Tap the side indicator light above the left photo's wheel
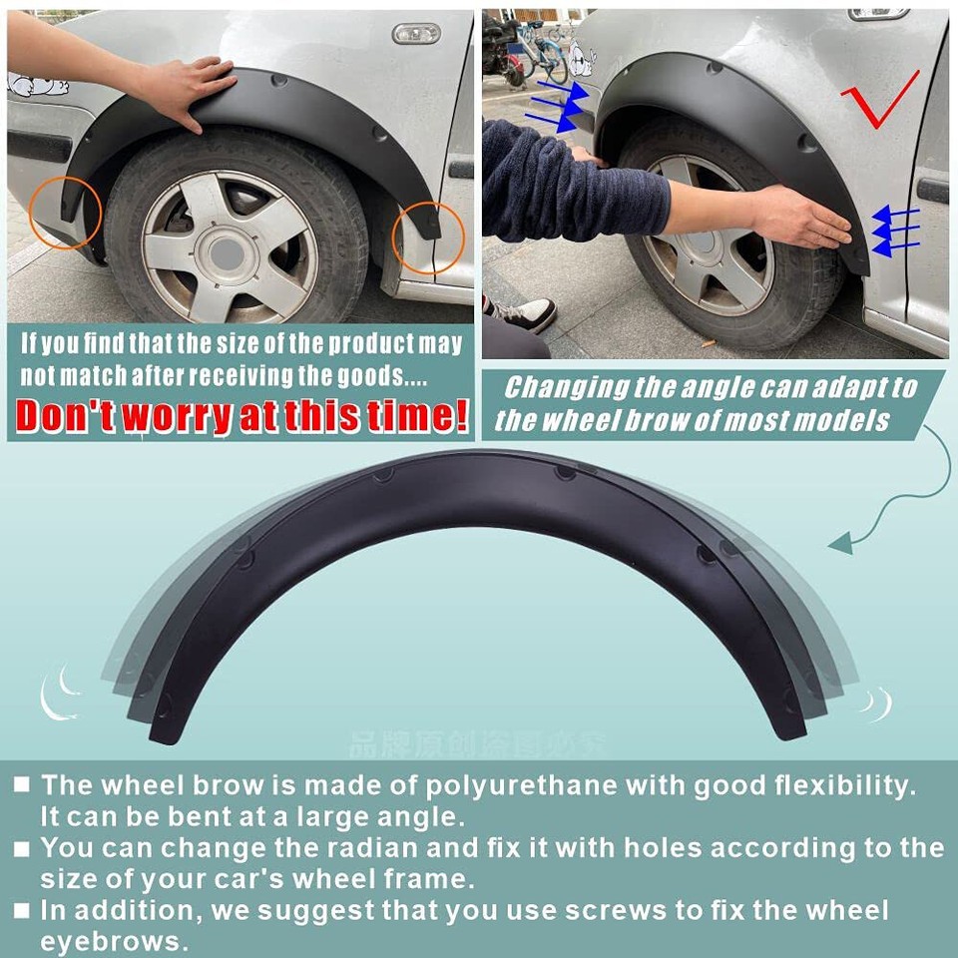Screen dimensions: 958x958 416,34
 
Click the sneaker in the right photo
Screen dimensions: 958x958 523,313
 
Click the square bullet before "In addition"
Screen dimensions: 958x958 22,910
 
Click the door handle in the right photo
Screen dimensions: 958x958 934,191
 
